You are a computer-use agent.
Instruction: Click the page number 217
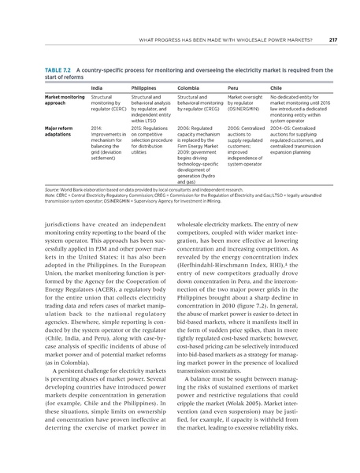(x=334, y=39)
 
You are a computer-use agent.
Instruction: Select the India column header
(x=97, y=88)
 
